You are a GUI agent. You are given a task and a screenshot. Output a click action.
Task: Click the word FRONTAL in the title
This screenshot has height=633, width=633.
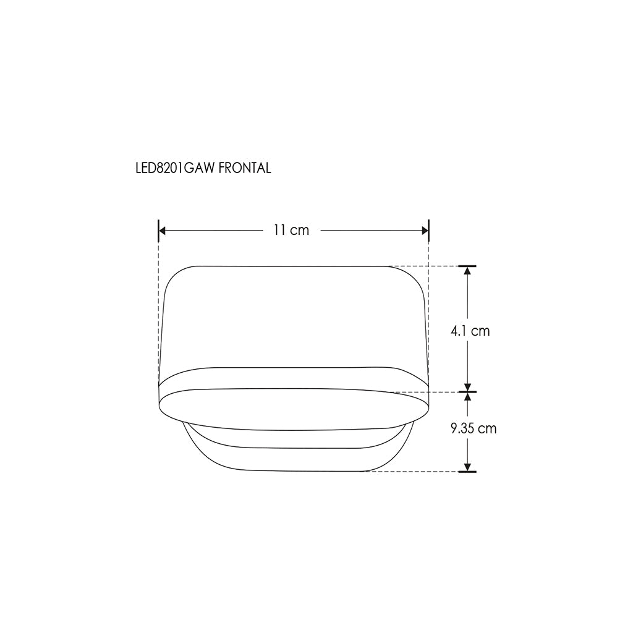click(x=245, y=168)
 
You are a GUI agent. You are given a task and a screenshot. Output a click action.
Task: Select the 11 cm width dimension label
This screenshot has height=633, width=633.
click(x=292, y=230)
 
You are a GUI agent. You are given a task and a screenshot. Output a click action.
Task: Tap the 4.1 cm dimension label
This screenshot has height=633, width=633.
click(x=470, y=331)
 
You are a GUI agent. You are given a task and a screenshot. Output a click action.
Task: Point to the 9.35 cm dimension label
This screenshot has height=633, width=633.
click(x=474, y=428)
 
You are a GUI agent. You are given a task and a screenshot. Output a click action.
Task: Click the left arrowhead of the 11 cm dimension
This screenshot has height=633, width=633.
click(x=163, y=231)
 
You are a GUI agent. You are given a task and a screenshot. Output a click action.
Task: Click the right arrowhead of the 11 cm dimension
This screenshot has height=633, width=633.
click(x=425, y=231)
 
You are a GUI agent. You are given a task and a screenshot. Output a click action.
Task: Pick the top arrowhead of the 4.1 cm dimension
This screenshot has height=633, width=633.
click(x=467, y=271)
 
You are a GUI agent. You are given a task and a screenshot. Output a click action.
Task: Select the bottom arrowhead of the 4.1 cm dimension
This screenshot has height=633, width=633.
click(x=467, y=388)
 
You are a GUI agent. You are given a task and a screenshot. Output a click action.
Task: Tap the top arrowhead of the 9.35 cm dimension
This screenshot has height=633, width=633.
click(x=467, y=396)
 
